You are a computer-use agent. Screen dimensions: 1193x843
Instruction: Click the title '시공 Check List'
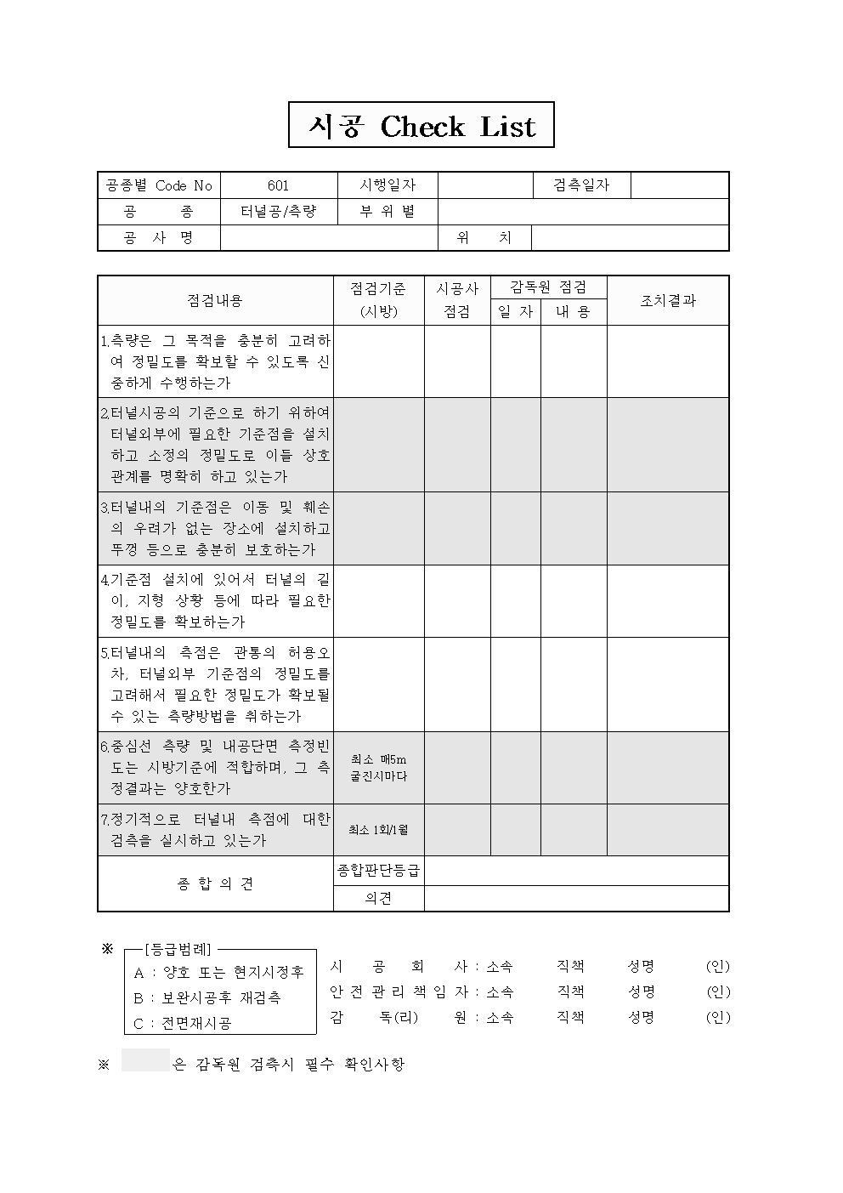click(421, 126)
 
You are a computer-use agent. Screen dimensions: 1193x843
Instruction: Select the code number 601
click(278, 185)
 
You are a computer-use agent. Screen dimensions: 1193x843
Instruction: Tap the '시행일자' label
click(388, 185)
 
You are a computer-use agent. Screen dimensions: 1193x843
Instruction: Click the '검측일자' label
click(581, 185)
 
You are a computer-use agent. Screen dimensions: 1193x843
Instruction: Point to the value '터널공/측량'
click(278, 212)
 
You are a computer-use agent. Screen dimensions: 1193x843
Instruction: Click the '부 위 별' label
click(388, 212)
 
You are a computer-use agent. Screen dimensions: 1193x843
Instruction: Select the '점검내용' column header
click(214, 300)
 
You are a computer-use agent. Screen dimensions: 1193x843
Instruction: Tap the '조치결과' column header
click(667, 300)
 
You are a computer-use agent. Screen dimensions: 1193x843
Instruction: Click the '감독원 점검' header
click(548, 287)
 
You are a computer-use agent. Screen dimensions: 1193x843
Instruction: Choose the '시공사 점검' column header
click(457, 300)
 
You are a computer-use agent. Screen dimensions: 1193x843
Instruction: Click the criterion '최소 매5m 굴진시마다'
click(378, 768)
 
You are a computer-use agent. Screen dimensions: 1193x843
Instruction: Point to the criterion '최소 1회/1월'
click(378, 830)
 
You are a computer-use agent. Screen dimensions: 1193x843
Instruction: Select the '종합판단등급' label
click(378, 871)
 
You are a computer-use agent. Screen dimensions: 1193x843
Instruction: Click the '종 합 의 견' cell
click(214, 883)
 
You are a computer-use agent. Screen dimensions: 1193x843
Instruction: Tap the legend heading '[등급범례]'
click(178, 950)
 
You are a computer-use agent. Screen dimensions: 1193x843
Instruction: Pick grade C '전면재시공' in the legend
click(183, 1023)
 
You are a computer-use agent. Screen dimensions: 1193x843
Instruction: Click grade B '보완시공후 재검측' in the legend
click(207, 997)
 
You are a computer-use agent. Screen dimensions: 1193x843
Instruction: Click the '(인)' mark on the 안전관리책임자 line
click(717, 991)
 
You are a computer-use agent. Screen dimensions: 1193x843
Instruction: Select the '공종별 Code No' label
click(158, 185)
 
